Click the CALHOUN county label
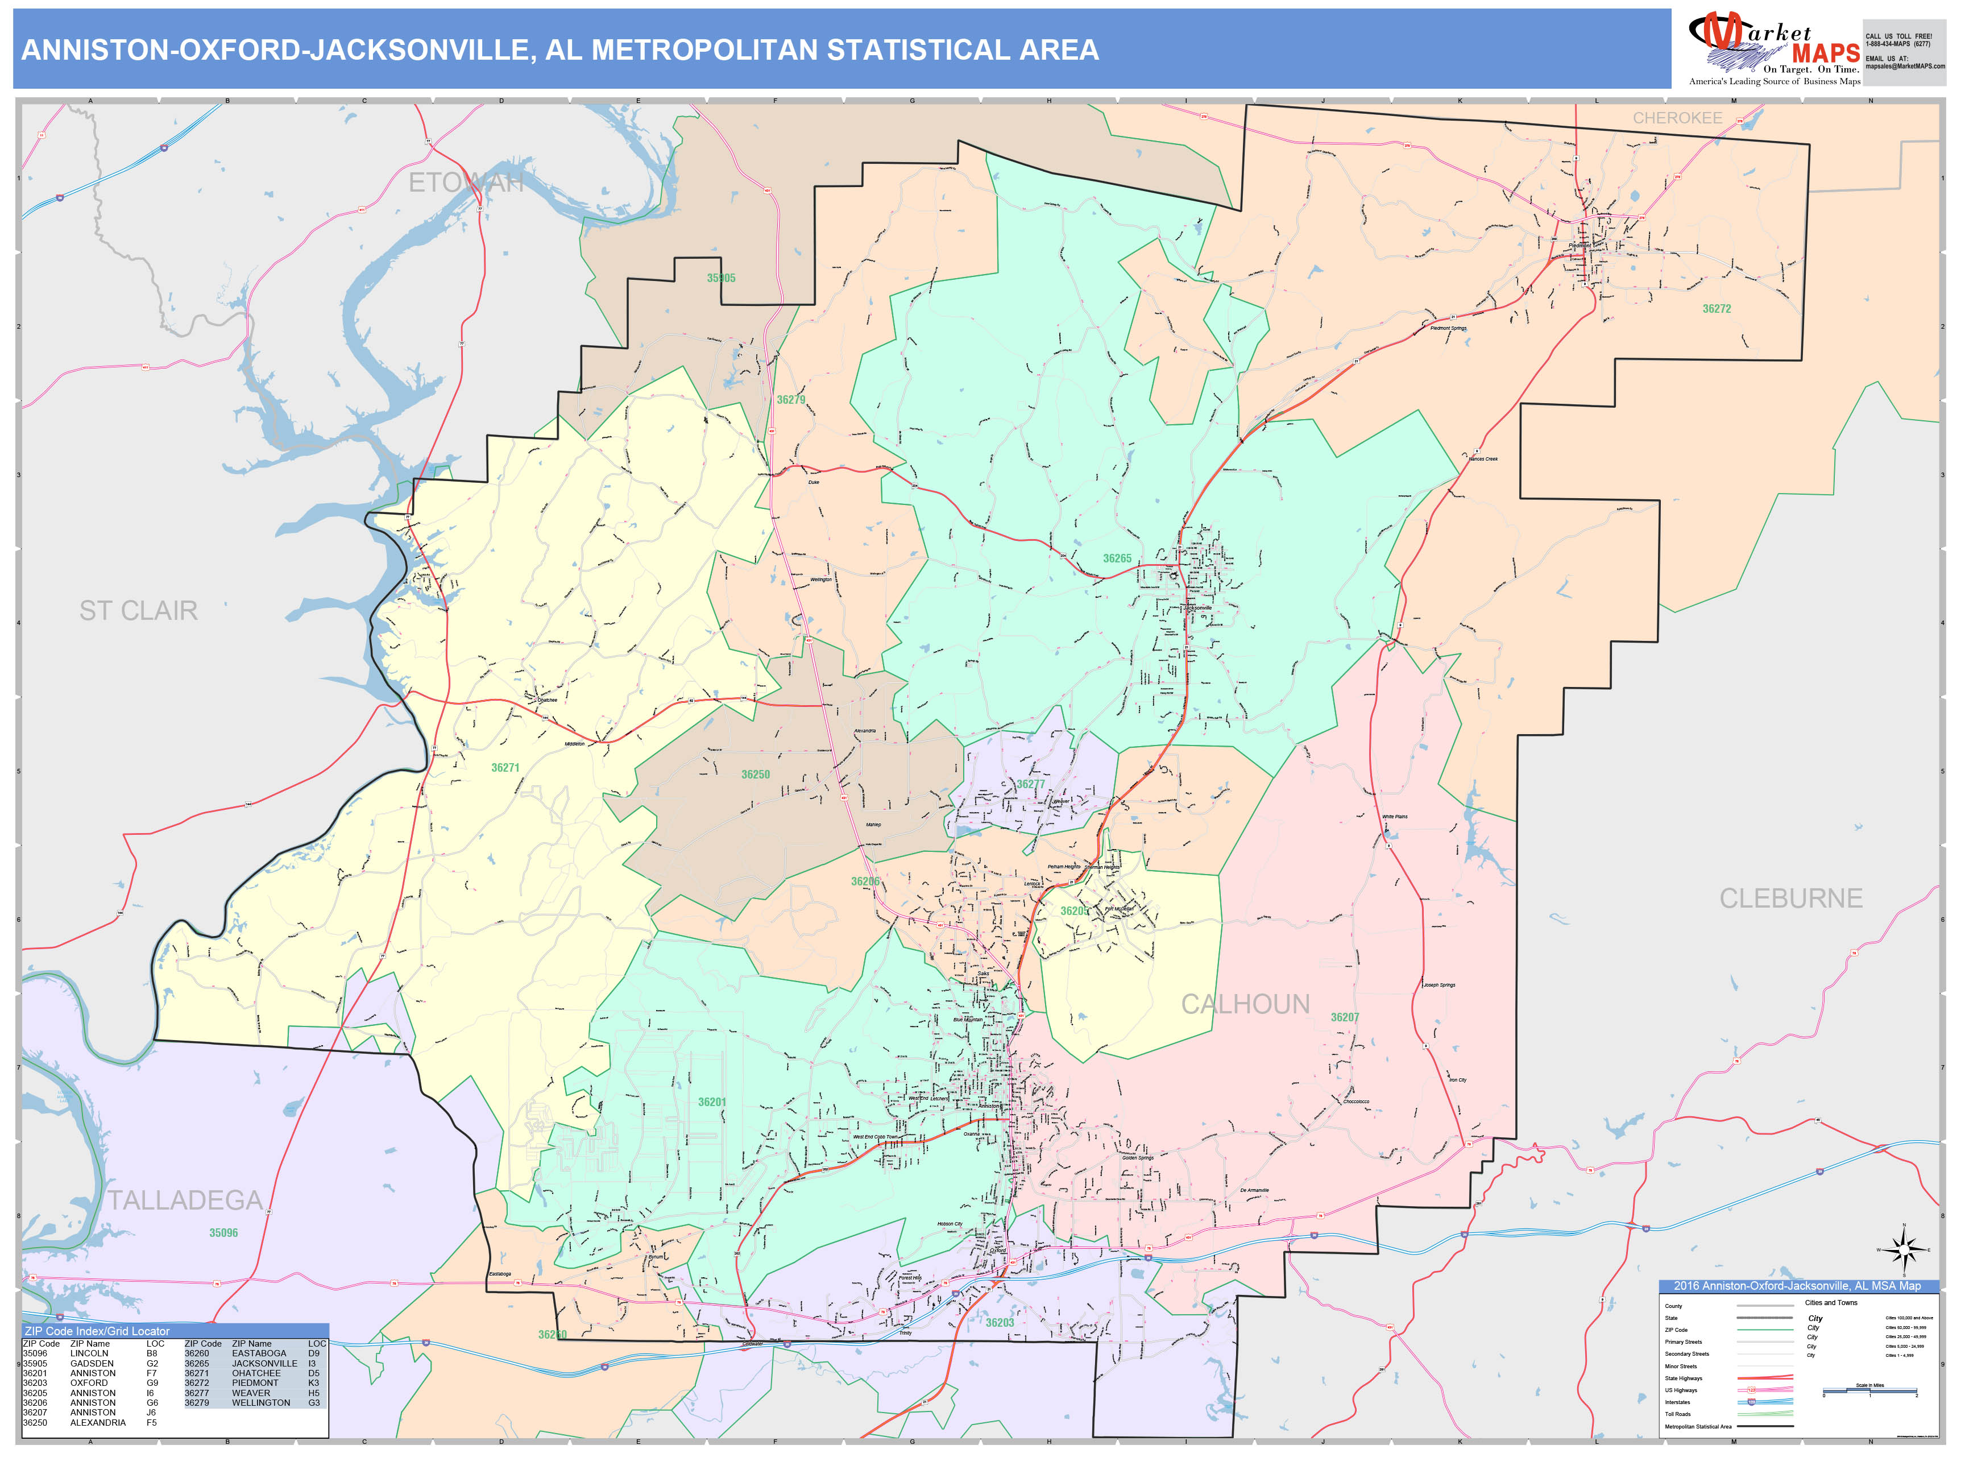tap(1245, 1004)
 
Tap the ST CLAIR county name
tap(139, 610)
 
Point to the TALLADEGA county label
tap(185, 1200)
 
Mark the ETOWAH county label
tap(466, 183)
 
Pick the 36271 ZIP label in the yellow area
tap(505, 768)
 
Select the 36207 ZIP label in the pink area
tap(1344, 1017)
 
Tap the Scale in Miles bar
tap(1869, 1392)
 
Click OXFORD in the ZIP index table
tap(89, 1382)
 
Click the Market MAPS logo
tap(1773, 49)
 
